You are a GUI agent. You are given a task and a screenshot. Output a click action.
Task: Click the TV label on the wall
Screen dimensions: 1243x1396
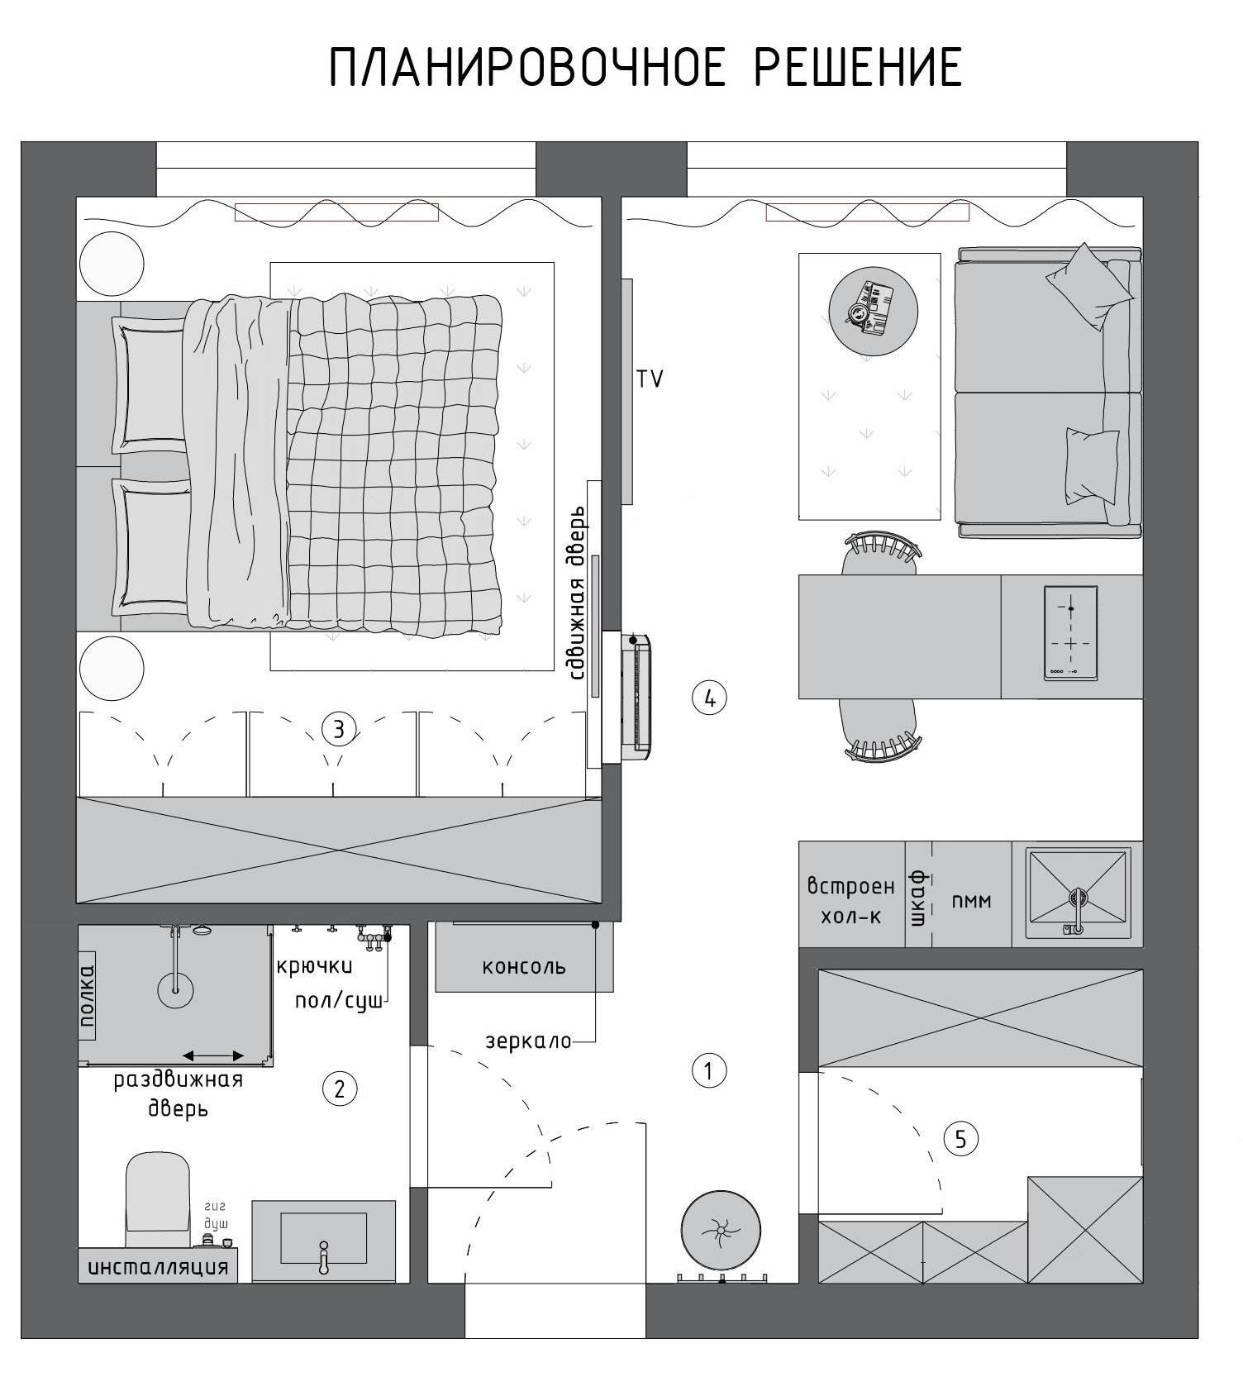click(x=650, y=379)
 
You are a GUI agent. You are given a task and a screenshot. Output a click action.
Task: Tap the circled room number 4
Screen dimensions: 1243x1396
click(x=709, y=698)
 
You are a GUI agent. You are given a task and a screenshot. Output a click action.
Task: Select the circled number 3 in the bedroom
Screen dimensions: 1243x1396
click(x=339, y=729)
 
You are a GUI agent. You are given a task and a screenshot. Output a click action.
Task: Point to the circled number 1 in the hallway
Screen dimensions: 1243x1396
click(x=708, y=1071)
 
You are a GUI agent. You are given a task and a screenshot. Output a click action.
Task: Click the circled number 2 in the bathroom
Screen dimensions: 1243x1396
click(x=340, y=1089)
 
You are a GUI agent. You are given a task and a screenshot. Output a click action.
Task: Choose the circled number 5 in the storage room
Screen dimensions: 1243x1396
click(x=961, y=1140)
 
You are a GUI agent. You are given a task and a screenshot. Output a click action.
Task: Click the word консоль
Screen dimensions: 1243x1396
click(x=524, y=966)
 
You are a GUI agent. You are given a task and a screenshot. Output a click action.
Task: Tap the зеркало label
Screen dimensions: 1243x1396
click(x=529, y=1041)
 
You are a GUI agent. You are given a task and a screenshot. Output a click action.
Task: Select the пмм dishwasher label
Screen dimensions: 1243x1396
click(x=971, y=901)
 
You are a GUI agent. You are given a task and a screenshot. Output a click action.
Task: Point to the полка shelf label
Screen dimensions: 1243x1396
click(x=87, y=998)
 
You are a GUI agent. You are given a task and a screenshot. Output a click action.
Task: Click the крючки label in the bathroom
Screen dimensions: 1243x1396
click(x=314, y=966)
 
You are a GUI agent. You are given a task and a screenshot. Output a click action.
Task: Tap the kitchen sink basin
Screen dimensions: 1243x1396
click(x=1078, y=893)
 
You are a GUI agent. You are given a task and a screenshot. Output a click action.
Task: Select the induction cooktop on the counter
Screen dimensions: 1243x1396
click(x=1071, y=634)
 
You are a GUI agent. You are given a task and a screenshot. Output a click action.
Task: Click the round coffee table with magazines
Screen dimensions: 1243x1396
click(x=873, y=312)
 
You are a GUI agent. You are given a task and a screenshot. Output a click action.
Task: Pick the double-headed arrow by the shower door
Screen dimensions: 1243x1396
click(x=213, y=1055)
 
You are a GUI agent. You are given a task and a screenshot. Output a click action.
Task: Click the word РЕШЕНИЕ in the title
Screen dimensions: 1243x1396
click(x=858, y=68)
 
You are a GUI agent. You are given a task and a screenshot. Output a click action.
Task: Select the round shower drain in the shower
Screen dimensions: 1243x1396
click(x=175, y=989)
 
